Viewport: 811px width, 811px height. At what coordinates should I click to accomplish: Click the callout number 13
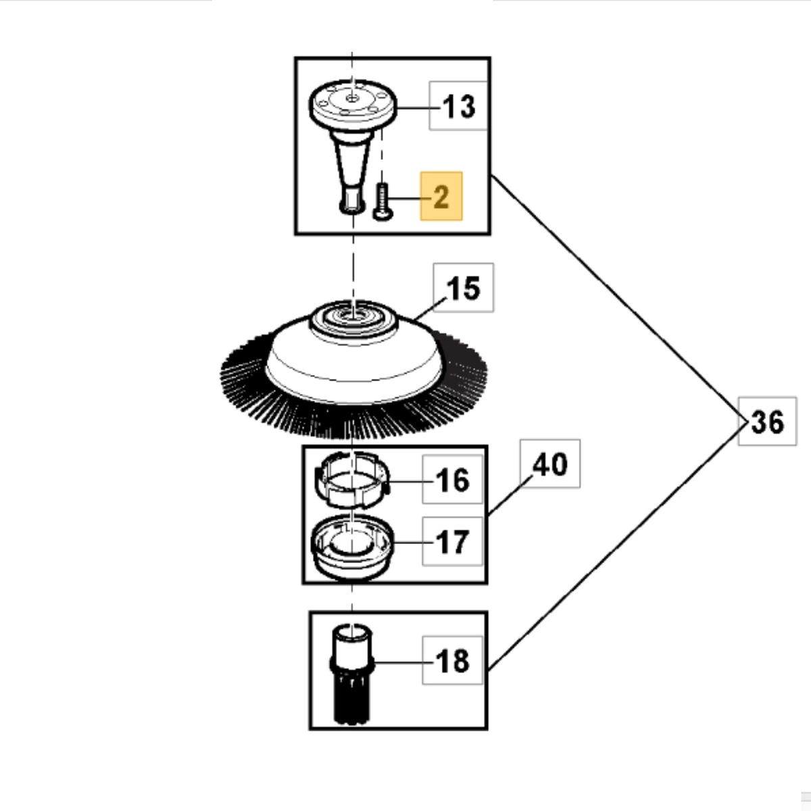coord(459,106)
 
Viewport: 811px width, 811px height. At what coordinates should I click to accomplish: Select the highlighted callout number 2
coord(441,197)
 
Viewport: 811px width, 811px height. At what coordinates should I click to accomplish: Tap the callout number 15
coord(464,288)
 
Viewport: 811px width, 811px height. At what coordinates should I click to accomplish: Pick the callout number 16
coord(453,480)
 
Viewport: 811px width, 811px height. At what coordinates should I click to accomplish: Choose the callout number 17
coord(453,542)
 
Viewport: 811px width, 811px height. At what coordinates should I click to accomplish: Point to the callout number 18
coord(453,660)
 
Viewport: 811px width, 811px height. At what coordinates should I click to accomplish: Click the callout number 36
coord(768,422)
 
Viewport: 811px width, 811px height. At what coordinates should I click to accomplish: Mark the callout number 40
coord(550,464)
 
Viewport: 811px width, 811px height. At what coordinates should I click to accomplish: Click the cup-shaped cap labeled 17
coord(351,544)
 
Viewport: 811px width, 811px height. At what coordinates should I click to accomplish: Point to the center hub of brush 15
coord(352,316)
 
